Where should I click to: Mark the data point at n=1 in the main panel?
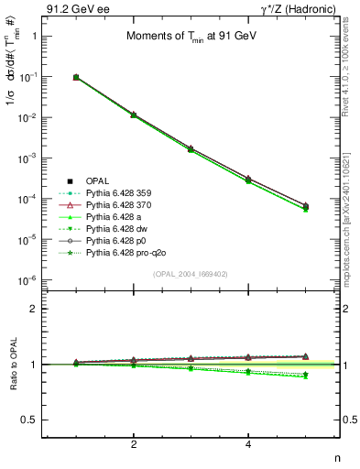pos(76,78)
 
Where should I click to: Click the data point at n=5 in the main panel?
pos(306,207)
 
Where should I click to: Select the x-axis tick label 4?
pos(248,444)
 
